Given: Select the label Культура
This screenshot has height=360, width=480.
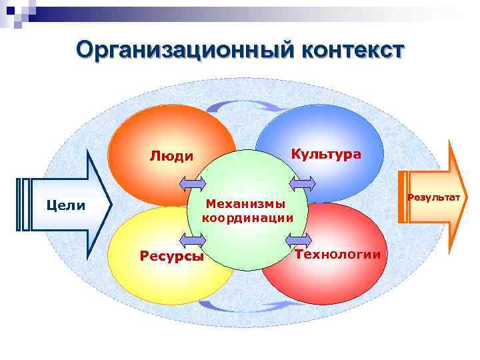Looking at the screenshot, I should click(x=327, y=154).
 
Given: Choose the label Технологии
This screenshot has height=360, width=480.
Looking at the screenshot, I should click(x=338, y=254).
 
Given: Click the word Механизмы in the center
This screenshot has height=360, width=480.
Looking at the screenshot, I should click(x=245, y=203).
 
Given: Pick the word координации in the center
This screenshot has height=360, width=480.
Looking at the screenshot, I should click(x=247, y=217).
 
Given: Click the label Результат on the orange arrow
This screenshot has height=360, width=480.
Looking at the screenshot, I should click(x=433, y=197).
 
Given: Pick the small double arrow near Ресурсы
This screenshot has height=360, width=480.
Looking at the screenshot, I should click(x=193, y=241).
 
